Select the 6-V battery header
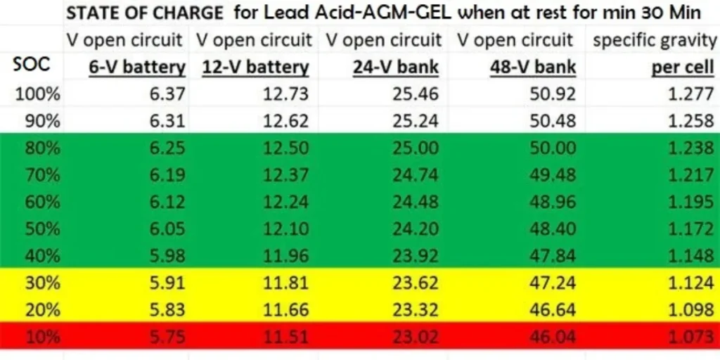pos(136,67)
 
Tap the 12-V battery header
pos(255,67)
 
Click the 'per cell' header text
pos(683,67)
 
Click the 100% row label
pos(43,94)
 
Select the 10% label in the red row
pos(43,337)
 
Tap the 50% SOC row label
pos(43,229)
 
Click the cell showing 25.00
pos(419,148)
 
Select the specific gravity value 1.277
pos(690,94)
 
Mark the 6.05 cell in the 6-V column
pos(167,229)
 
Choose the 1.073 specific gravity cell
pos(690,337)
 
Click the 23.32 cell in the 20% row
pos(419,310)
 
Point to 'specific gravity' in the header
pos(654,40)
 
